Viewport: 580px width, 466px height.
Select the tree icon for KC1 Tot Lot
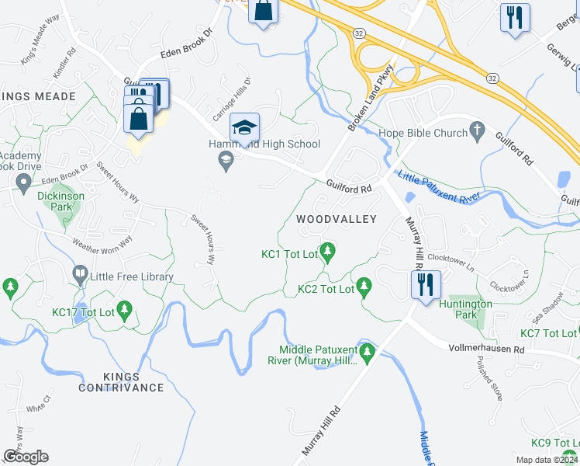point(328,250)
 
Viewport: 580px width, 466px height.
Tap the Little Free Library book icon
point(79,273)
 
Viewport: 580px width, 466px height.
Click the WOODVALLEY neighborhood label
point(337,220)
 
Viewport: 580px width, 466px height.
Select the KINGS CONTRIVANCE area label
point(121,381)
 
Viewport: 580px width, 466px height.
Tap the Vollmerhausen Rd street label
point(486,350)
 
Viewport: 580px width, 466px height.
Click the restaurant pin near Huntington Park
point(426,285)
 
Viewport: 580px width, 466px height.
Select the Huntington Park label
point(465,310)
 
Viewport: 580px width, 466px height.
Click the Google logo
point(26,457)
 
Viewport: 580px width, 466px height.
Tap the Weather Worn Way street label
point(102,240)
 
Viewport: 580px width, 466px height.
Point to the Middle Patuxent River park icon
point(368,354)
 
